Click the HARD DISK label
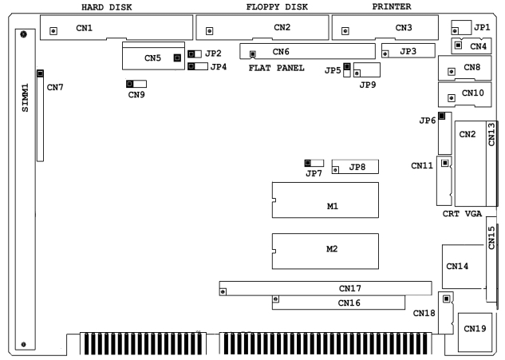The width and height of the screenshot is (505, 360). click(107, 7)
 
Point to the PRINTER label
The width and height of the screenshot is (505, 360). click(393, 7)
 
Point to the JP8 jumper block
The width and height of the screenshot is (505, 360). click(354, 168)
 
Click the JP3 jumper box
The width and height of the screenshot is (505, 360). click(407, 52)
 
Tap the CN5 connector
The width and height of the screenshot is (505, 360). click(152, 57)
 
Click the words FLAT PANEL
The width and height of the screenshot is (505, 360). click(275, 68)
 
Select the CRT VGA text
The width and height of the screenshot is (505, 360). click(463, 216)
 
